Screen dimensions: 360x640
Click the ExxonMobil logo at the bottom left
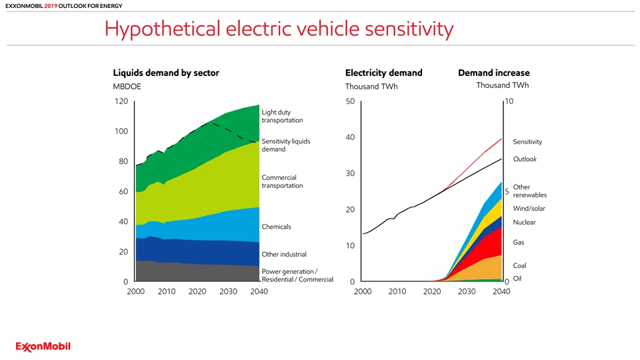pos(43,346)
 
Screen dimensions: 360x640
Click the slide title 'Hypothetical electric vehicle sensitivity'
pos(279,29)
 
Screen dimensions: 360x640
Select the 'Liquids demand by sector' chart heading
pos(166,73)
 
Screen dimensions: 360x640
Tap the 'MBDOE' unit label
pos(127,87)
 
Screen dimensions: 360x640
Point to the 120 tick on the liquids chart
pos(120,101)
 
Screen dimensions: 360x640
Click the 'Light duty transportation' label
pos(282,117)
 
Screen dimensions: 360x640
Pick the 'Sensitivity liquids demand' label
pos(286,145)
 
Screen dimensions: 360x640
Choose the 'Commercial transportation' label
pos(282,181)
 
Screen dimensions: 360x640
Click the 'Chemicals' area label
pos(277,227)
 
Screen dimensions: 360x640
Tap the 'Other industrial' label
pos(284,254)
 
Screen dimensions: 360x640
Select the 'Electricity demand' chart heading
pos(383,73)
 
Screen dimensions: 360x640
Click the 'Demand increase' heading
pos(494,73)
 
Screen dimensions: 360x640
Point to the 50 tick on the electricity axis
pos(351,101)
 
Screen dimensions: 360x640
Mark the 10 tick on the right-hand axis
pos(509,101)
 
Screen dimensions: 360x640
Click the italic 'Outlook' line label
pos(525,159)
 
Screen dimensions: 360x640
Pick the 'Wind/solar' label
pos(529,209)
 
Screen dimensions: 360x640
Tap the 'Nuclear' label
pos(524,223)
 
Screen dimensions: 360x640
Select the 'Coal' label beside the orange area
pos(519,266)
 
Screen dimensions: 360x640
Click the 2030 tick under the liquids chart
pos(228,291)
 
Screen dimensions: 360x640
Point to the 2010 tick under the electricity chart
pos(397,291)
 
